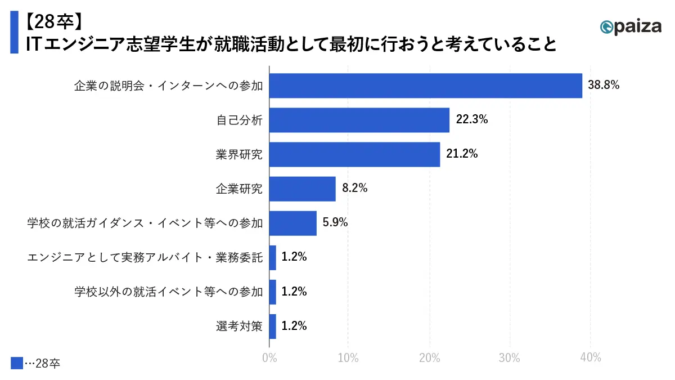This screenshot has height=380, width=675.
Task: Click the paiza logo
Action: click(x=630, y=26)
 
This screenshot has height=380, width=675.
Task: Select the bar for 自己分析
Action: click(x=359, y=120)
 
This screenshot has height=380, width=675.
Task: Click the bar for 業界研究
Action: click(x=354, y=154)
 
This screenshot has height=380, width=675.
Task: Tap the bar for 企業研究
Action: click(x=303, y=189)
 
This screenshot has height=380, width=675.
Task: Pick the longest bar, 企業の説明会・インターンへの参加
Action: click(x=426, y=86)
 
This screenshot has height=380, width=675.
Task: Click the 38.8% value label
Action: click(x=604, y=86)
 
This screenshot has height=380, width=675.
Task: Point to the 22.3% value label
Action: click(x=471, y=120)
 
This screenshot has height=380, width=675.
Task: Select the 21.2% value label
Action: click(x=462, y=154)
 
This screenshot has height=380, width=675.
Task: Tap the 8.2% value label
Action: click(x=354, y=189)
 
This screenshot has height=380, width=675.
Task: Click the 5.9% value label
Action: click(x=335, y=223)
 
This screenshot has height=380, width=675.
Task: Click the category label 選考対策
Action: click(x=239, y=326)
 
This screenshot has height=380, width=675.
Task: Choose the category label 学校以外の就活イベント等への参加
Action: click(x=168, y=292)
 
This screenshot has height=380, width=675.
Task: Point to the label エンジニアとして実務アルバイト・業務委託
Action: click(x=145, y=257)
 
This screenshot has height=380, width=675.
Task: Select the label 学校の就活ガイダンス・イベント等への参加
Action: click(x=145, y=223)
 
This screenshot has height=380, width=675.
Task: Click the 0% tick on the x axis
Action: click(x=269, y=357)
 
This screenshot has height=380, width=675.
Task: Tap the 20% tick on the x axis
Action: click(x=430, y=357)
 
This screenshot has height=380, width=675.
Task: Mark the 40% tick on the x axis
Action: click(x=590, y=357)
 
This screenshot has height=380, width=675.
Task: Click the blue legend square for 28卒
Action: click(x=17, y=363)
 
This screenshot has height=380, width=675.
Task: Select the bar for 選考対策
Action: click(x=273, y=326)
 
